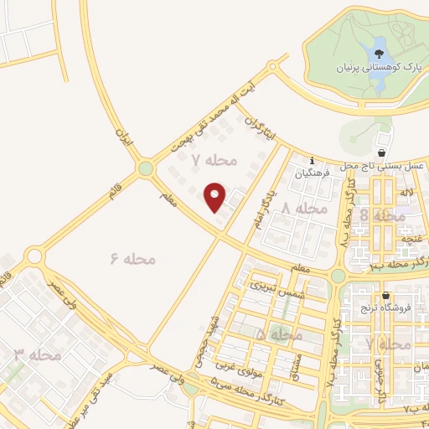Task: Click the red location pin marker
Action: [x=215, y=196]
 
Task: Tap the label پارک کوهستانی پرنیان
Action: [x=366, y=65]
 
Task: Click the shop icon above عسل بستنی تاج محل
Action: [x=383, y=153]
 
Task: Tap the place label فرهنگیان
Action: [x=313, y=174]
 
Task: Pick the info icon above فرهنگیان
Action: [x=312, y=160]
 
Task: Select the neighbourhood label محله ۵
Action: [x=278, y=334]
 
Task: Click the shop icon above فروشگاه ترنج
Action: [x=385, y=296]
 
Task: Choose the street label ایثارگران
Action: [x=259, y=133]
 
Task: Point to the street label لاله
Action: [x=408, y=194]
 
